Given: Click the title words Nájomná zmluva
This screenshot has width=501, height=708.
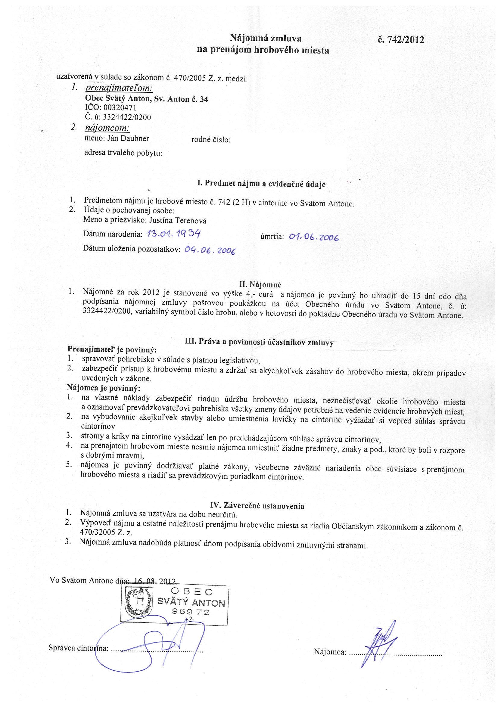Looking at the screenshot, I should click(265, 38).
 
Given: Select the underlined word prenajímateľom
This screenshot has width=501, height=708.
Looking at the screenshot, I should click(119, 88).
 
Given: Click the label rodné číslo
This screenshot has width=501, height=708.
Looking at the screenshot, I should click(211, 140).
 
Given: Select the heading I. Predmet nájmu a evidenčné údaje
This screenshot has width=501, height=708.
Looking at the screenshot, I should click(261, 184).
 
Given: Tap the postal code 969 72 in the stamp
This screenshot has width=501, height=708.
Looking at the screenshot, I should click(191, 612).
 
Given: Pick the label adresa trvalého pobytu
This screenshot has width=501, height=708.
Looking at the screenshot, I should click(123, 153).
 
